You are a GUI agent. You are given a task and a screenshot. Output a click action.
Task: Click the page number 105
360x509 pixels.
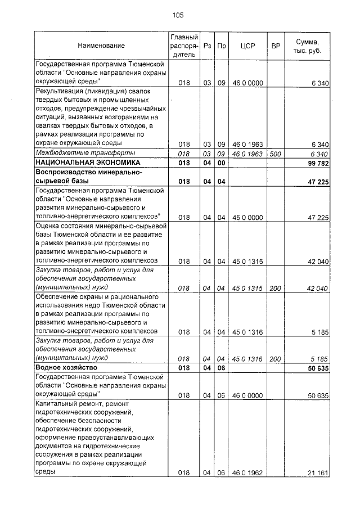[178, 15]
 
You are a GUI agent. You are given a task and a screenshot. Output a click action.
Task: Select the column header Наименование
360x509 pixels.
[101, 45]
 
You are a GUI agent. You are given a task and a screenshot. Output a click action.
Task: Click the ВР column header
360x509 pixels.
[276, 45]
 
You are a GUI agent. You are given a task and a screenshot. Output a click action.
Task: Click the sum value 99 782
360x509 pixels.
[317, 163]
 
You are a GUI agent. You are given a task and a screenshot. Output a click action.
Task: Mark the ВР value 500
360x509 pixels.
[276, 154]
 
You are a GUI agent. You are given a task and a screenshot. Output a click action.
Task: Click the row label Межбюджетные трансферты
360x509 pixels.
[85, 154]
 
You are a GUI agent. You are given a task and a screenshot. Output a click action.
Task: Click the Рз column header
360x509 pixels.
[208, 45]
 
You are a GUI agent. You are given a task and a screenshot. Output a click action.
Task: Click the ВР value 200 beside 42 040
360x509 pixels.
[276, 288]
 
